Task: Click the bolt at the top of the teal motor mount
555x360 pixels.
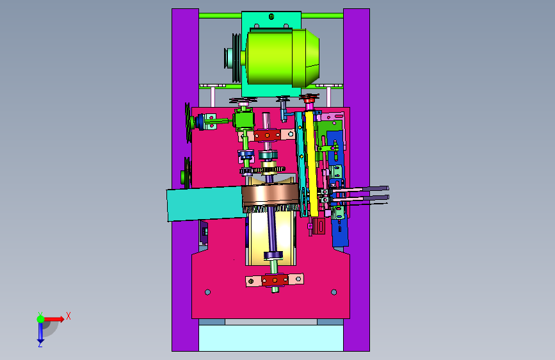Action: point(271,16)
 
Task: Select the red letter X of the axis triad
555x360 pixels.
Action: point(68,316)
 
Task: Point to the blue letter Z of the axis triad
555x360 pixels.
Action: point(40,344)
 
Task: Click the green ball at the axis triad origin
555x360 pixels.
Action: point(41,319)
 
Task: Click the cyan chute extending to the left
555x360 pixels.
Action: point(205,204)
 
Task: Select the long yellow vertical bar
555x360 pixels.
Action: point(312,163)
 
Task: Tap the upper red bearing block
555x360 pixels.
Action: point(267,135)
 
